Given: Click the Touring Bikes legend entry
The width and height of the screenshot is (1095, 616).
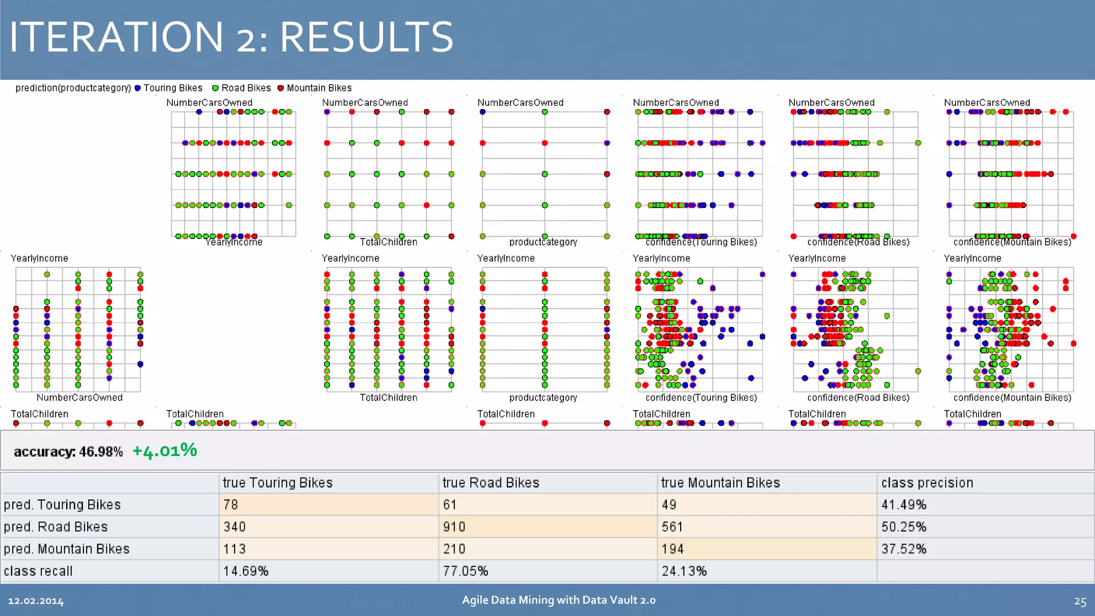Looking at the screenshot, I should (168, 88).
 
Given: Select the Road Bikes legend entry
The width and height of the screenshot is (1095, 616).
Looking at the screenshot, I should (242, 88).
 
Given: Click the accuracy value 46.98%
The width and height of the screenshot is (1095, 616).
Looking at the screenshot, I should (101, 452).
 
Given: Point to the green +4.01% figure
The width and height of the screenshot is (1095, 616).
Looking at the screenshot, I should (165, 451).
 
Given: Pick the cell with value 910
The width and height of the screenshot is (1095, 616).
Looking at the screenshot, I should (454, 527).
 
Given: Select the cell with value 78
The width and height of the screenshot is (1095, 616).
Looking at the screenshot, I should (231, 505).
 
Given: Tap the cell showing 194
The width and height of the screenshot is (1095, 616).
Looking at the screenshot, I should (673, 549).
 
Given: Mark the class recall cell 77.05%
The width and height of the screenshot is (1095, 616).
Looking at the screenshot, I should (465, 571).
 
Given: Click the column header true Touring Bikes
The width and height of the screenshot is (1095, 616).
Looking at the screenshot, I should (277, 483).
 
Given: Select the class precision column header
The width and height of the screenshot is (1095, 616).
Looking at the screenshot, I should (927, 483).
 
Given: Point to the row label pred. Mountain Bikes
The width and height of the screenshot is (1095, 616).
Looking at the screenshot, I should (67, 549).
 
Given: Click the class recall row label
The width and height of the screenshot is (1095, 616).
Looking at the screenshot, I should (38, 571).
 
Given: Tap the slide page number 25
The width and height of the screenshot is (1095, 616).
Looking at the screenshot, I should (1080, 602).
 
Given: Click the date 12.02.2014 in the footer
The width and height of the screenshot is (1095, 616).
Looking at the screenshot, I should (36, 601).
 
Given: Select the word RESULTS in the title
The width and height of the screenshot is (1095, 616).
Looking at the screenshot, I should (366, 37).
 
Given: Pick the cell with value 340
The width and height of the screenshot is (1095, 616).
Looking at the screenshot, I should (234, 527).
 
